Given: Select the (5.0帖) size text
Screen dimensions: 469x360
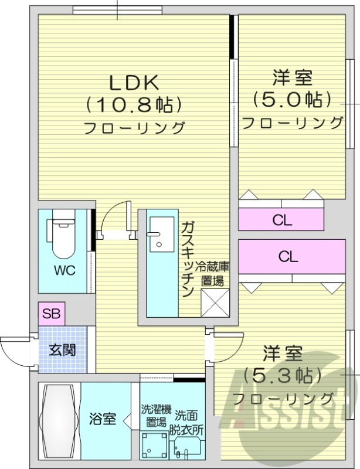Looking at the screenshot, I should (292, 98).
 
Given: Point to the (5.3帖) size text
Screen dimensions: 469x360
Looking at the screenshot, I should (283, 375).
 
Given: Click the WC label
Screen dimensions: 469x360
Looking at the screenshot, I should (64, 271).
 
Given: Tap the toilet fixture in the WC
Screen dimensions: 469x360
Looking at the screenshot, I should (63, 238).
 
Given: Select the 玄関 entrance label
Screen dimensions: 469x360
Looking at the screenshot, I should (62, 350).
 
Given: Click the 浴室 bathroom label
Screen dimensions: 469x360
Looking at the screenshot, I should (102, 419).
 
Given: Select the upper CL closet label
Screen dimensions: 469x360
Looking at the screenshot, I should (282, 221).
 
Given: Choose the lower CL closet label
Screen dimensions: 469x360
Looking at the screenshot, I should (288, 256).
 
